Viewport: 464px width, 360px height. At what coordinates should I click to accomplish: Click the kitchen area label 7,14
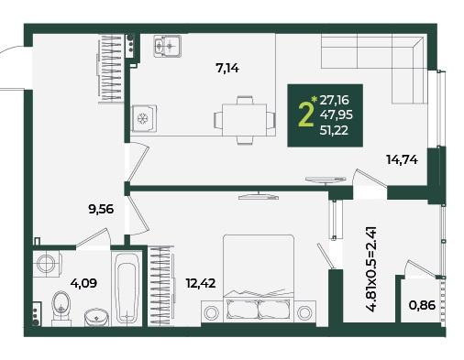coord(227,69)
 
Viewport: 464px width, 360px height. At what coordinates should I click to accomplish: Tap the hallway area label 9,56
coord(101,210)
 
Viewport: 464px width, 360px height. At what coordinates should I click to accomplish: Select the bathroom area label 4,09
coord(83,283)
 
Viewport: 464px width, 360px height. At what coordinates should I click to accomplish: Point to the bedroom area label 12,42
coord(201,283)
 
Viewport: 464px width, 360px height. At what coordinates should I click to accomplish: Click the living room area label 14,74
coord(402,159)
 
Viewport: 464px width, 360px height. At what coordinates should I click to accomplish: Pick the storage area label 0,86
coord(422,305)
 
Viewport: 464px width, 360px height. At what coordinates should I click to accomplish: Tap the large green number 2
coord(305,114)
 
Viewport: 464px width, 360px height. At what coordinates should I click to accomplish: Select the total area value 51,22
coord(334,131)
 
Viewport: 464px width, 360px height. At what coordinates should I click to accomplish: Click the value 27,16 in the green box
coord(335,100)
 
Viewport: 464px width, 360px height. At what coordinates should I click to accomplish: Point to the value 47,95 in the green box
coord(337,115)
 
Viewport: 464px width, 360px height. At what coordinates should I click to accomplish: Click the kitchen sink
coord(167,46)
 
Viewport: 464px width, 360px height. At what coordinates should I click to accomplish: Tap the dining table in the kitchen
coord(245,120)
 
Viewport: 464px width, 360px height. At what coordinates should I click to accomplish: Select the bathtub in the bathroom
coord(127,289)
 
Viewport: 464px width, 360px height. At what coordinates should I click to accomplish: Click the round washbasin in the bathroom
coord(96,318)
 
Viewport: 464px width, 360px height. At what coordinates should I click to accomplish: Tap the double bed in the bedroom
coord(259,278)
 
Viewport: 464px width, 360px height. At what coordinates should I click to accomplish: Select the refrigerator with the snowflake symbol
coord(143,118)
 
